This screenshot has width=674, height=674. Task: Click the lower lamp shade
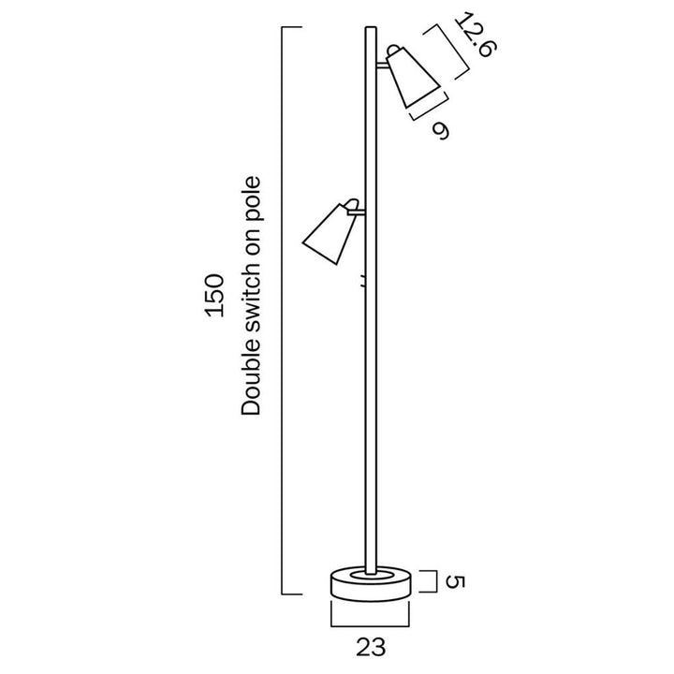[x=329, y=234]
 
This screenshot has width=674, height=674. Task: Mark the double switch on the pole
[x=362, y=279]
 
